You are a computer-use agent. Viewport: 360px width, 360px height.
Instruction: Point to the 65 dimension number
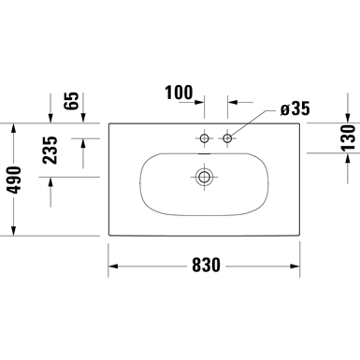point(73,101)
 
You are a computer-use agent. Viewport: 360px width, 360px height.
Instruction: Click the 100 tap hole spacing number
point(179,92)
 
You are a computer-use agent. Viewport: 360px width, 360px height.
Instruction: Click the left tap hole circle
point(204,139)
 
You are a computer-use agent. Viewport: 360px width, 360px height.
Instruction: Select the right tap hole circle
point(228,139)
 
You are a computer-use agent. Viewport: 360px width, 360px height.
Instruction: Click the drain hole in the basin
point(204,176)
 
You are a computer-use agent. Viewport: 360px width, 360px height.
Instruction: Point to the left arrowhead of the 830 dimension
point(113,265)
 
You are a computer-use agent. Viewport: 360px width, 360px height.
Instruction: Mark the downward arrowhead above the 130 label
point(348,119)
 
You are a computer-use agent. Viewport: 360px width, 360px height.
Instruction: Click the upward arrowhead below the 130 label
point(348,157)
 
